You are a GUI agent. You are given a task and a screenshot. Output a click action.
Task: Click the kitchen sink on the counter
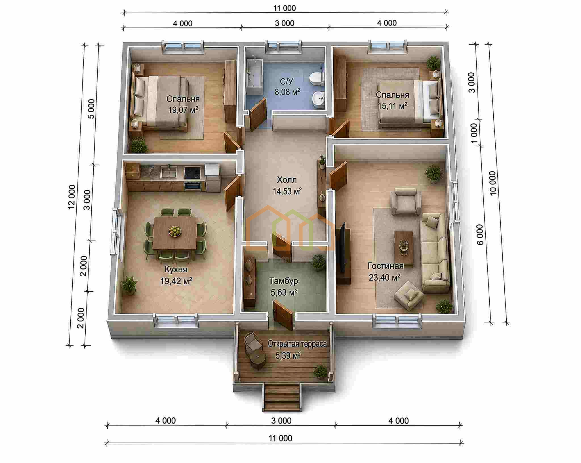point(169,172)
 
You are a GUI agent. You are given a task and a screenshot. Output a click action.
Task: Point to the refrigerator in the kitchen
point(212,178)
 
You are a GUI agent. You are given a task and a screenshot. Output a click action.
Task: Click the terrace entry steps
point(281,397)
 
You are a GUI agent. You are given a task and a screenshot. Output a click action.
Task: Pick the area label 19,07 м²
point(183,110)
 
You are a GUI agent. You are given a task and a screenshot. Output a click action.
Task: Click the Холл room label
point(287,180)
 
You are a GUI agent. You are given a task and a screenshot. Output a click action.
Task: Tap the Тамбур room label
point(284,281)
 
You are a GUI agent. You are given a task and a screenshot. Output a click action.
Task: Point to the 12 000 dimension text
point(72,197)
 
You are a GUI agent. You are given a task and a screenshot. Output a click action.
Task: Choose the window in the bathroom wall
point(283,47)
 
